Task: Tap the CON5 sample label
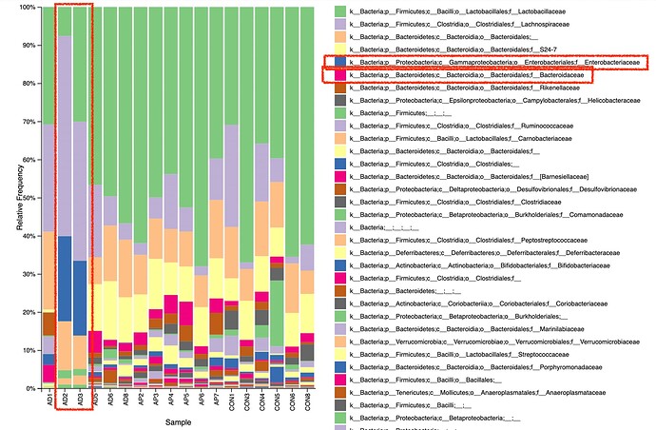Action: point(276,401)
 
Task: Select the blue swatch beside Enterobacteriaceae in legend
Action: point(339,62)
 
